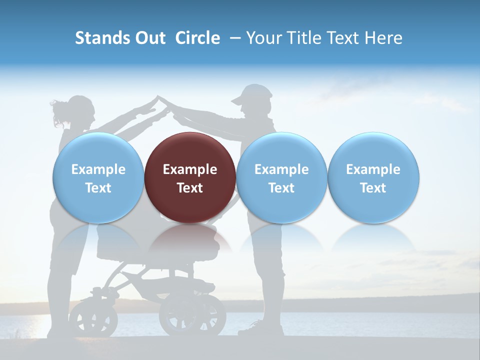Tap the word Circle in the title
(197, 38)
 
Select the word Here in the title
(384, 38)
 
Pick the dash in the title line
(235, 38)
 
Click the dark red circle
(190, 177)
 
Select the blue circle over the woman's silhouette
(98, 177)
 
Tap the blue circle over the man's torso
(281, 177)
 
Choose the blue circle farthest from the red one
(373, 177)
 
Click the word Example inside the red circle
(190, 169)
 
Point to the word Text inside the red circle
(190, 188)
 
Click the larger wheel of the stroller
(192, 315)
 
